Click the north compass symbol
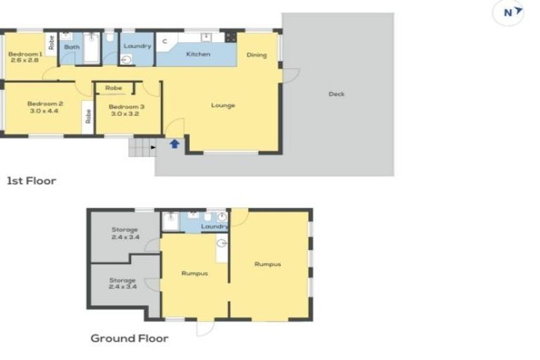(508, 13)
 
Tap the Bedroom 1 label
(25, 53)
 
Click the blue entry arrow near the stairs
(174, 144)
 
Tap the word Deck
(337, 94)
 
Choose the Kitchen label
(198, 54)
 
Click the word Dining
(257, 55)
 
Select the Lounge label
(223, 105)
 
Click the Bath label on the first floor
(72, 47)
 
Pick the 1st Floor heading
(32, 181)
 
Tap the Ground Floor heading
(129, 338)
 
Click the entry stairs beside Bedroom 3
(141, 148)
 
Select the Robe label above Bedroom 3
(113, 88)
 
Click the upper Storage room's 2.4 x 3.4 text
(125, 238)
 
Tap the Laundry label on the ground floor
(214, 227)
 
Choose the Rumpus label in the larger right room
(267, 264)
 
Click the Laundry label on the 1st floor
(137, 46)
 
